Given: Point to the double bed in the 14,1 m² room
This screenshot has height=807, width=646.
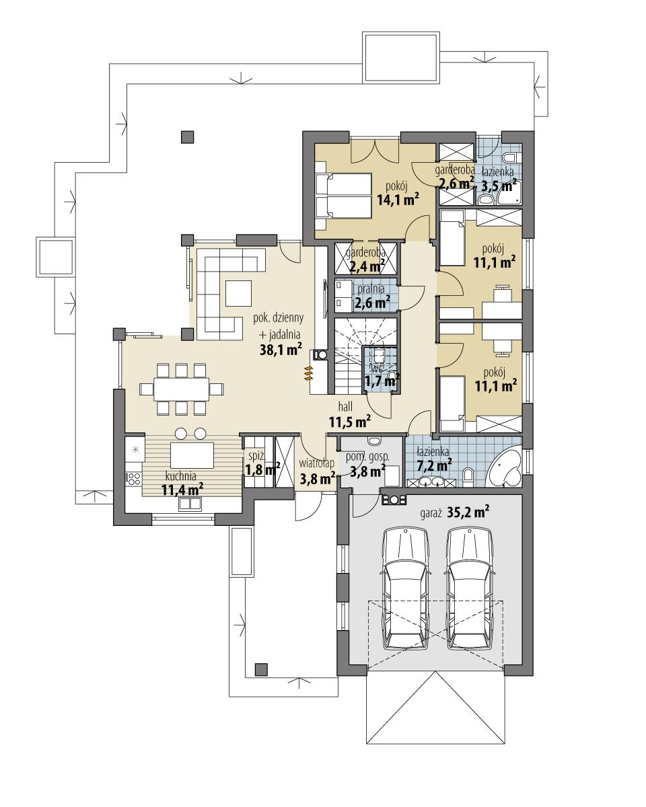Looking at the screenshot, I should pos(344,196).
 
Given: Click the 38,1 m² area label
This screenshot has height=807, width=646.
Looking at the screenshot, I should pos(281,349).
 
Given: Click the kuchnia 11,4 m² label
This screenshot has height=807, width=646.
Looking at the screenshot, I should pos(182,483).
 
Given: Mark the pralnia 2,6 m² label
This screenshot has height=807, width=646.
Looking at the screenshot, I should pos(371,297).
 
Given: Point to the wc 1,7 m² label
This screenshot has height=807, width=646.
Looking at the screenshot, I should pos(381,377).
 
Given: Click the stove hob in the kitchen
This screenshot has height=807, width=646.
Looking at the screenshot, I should pos(133,479).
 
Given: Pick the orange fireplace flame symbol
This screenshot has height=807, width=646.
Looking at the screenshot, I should pos(309,373).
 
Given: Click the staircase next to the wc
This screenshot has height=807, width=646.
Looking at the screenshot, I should pos(348,356).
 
